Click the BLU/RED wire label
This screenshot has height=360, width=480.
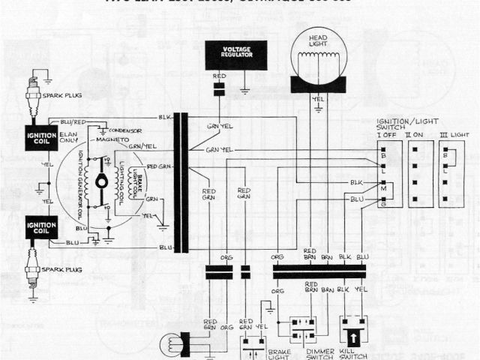coord(70,121)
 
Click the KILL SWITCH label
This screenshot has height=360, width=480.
coord(353,353)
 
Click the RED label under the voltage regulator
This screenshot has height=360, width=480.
coord(219,76)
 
